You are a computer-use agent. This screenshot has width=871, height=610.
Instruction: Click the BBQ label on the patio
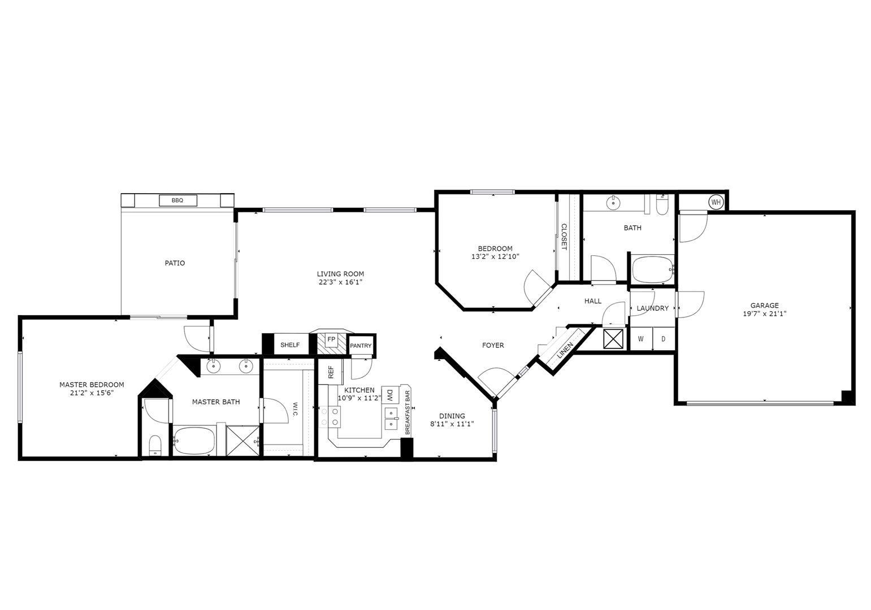(x=177, y=200)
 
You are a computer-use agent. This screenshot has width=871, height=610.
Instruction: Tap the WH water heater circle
(x=716, y=202)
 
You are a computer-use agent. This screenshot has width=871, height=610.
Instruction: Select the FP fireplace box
(x=332, y=339)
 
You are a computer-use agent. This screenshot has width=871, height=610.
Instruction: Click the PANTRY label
(x=360, y=345)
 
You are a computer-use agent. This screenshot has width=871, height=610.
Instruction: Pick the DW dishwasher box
(x=390, y=394)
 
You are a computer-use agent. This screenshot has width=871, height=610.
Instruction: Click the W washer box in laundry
(x=641, y=339)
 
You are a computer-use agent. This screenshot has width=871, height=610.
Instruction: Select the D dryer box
(x=664, y=339)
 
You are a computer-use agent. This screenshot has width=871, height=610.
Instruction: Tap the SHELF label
(x=290, y=345)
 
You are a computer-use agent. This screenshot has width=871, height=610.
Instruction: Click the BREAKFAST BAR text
(x=407, y=412)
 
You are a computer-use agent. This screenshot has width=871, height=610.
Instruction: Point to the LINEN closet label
(x=565, y=351)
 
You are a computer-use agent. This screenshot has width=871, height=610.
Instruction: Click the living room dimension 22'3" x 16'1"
(x=340, y=282)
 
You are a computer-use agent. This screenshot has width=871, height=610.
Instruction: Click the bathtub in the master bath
(x=194, y=440)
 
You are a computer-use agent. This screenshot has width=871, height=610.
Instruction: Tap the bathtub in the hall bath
(x=653, y=269)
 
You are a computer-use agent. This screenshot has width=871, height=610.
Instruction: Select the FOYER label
(x=493, y=345)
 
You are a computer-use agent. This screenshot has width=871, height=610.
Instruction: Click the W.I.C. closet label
(x=295, y=409)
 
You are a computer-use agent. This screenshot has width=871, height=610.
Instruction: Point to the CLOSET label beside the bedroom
(x=564, y=237)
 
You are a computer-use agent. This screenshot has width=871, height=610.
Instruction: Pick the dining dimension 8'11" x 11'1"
(x=452, y=424)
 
